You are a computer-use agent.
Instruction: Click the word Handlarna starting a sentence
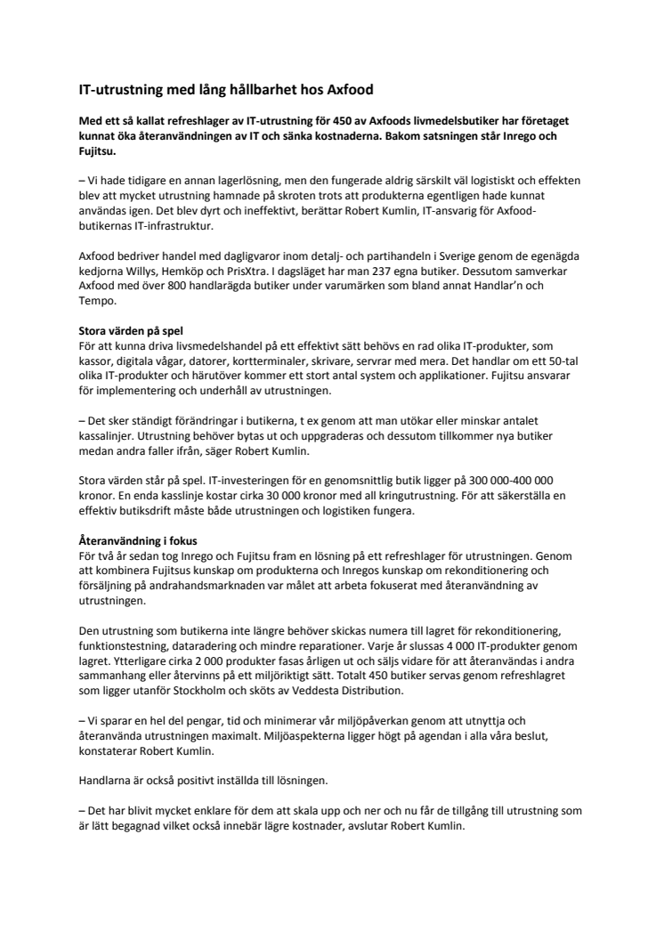coord(107,781)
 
